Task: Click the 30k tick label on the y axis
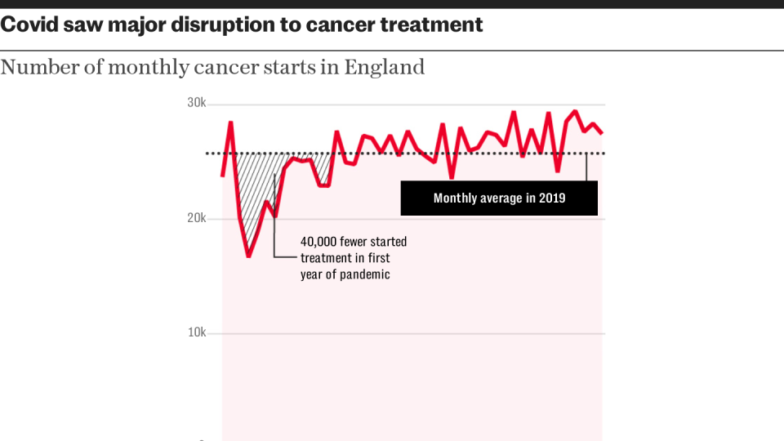195,104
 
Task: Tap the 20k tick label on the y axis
195,219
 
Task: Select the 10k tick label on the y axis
195,333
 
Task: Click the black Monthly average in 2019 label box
499,198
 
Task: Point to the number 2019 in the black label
552,198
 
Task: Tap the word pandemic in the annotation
364,274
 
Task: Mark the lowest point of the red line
248,256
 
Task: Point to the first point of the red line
222,176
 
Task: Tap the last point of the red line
603,132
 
